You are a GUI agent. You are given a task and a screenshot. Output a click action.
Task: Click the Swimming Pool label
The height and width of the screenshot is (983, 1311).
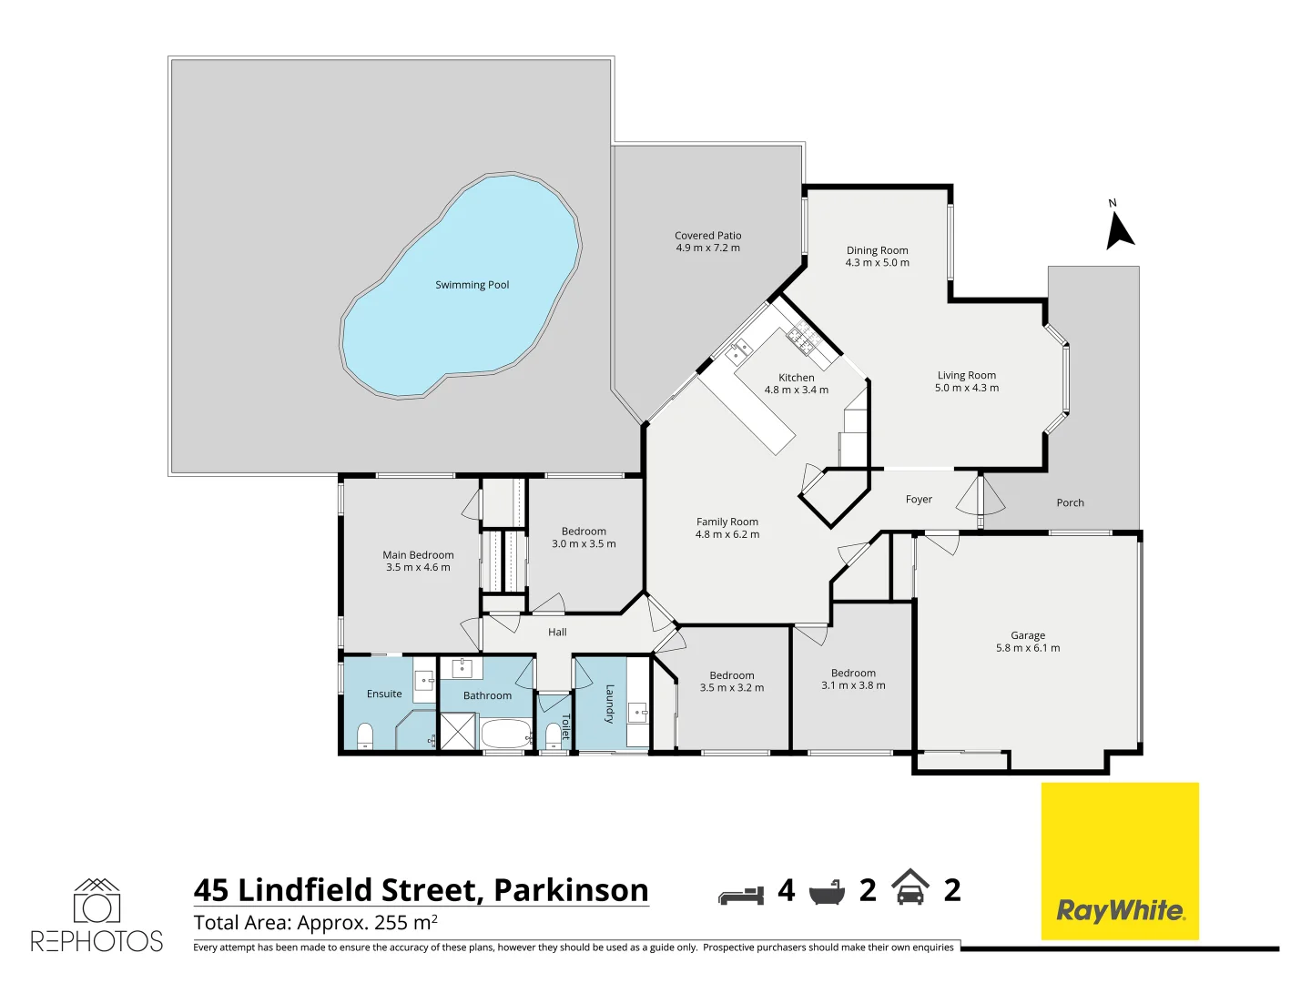click(x=472, y=285)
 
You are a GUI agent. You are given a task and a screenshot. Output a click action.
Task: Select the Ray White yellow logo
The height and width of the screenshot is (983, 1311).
click(x=1120, y=861)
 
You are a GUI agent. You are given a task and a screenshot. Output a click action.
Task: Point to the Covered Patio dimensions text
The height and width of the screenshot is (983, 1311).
click(x=707, y=248)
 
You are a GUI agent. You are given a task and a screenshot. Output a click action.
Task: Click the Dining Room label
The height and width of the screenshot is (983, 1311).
click(x=877, y=250)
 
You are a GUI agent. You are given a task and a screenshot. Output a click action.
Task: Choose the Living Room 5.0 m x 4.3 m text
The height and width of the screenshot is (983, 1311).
click(x=967, y=388)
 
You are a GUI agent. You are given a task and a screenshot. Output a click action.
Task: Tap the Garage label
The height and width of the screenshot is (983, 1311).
click(x=1028, y=635)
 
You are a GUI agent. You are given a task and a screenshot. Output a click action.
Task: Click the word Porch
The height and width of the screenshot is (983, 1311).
click(x=1070, y=502)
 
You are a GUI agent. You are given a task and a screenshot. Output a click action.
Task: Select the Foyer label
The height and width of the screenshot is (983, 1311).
click(x=919, y=499)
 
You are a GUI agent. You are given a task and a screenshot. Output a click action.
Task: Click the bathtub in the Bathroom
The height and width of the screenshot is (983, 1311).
click(x=505, y=734)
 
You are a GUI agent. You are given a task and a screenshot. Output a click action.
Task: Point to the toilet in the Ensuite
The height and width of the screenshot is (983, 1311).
click(x=365, y=735)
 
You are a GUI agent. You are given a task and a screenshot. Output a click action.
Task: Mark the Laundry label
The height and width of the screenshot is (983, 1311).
click(x=609, y=704)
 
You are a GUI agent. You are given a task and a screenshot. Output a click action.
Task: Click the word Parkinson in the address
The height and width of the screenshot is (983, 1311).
click(x=571, y=889)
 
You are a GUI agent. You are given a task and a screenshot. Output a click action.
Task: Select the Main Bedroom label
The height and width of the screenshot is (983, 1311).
click(x=418, y=554)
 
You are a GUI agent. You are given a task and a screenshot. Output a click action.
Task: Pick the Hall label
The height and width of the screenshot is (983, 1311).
click(x=557, y=632)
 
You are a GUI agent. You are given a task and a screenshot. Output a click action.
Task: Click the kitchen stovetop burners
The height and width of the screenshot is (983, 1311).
click(x=802, y=339)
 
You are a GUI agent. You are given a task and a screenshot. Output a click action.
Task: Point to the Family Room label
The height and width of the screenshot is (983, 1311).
click(x=727, y=522)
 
